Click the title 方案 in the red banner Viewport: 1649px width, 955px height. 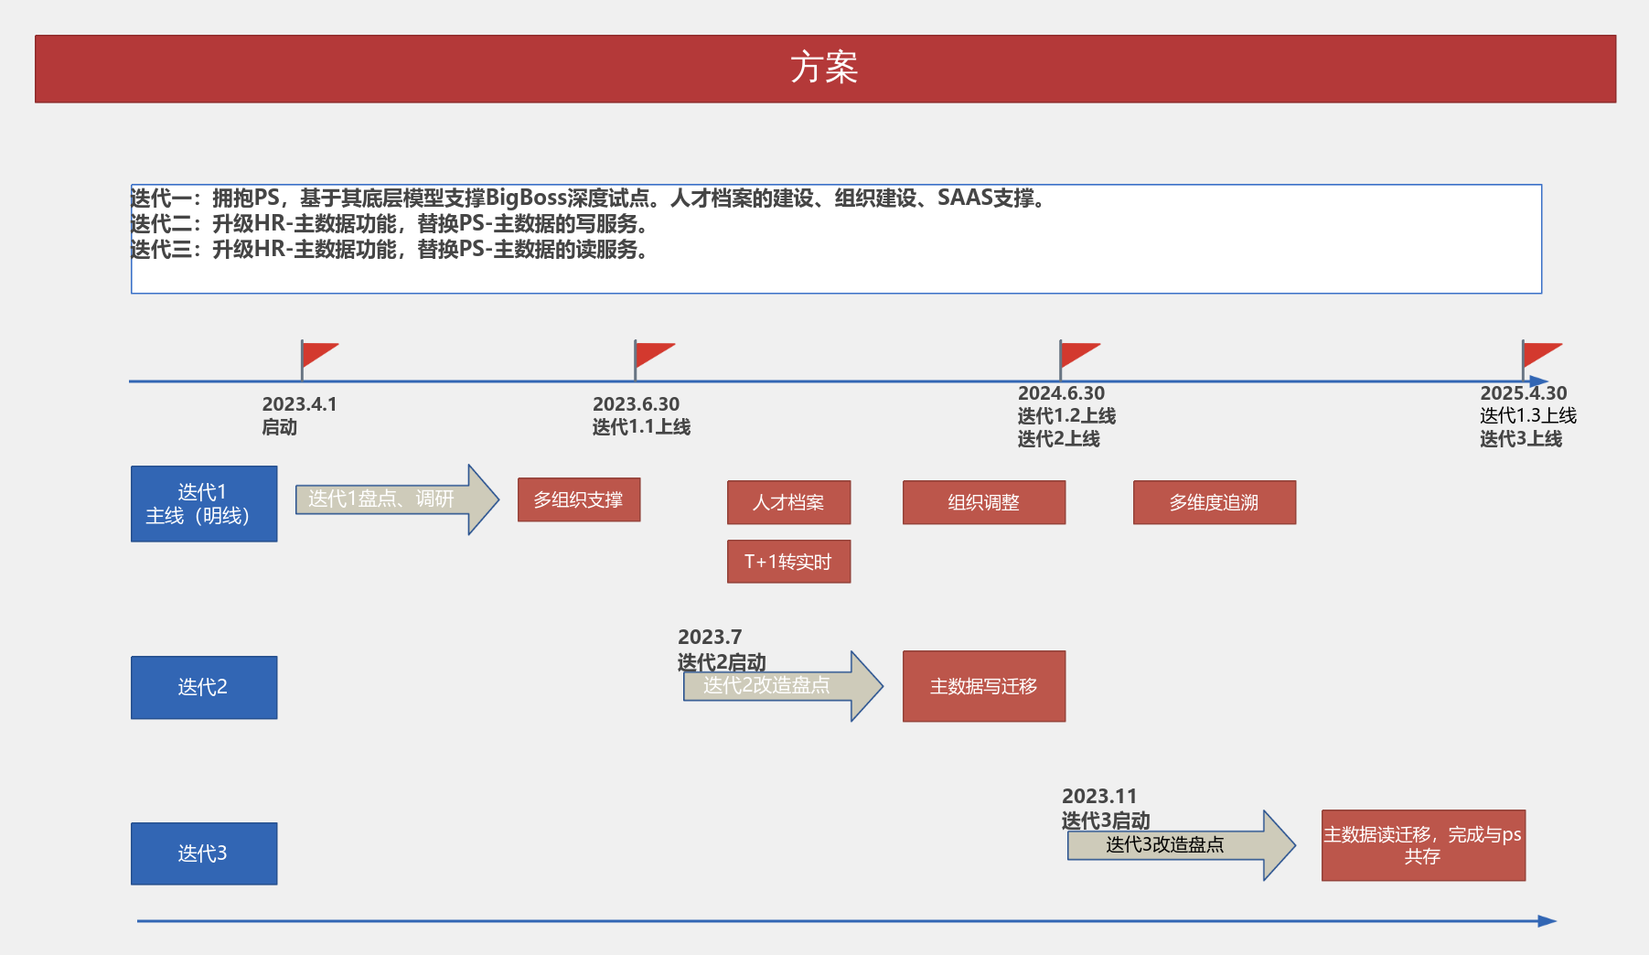824,69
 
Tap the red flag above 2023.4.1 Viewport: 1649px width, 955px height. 318,354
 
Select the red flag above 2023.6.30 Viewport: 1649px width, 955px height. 653,354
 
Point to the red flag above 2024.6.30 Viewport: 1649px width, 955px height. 1078,354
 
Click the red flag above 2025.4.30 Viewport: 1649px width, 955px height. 1541,354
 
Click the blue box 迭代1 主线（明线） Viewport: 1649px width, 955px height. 204,504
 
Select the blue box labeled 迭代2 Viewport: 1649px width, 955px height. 204,687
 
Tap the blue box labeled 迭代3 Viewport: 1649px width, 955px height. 204,853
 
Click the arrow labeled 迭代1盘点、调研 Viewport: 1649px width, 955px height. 393,499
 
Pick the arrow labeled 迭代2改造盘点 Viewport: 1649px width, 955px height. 777,686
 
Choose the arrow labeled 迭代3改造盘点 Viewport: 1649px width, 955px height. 1175,845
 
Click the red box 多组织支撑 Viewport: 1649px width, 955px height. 579,500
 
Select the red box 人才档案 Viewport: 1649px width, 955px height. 788,502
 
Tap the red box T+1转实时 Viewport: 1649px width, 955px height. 788,562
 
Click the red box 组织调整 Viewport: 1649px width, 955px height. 984,502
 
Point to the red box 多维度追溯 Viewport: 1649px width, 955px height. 1215,502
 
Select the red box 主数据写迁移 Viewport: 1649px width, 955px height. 984,686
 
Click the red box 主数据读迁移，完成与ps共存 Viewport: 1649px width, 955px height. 1423,845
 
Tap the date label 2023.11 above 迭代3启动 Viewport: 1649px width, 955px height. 1099,796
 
